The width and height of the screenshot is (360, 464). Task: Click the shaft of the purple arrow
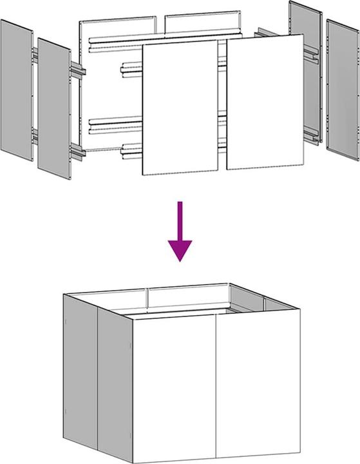click(x=180, y=220)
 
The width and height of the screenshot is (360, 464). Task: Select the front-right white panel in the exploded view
click(x=265, y=102)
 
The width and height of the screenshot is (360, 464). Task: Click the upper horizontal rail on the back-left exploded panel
click(x=116, y=40)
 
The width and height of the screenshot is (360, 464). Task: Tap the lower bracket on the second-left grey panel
click(x=77, y=153)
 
